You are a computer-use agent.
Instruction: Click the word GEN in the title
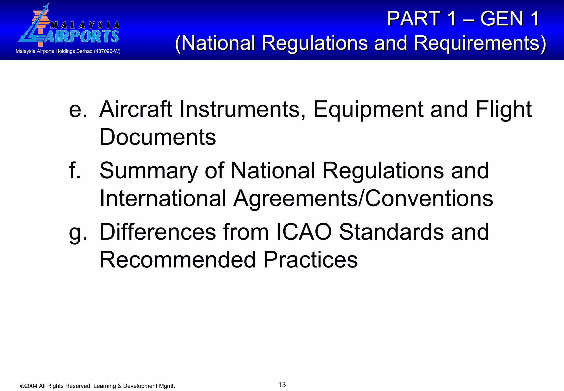[501, 19]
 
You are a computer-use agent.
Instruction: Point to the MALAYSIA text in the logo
[85, 25]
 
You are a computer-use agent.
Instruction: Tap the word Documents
[158, 137]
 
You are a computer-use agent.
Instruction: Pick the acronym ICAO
[303, 232]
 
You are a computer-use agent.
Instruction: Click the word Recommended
[177, 260]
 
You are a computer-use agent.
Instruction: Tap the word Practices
[310, 260]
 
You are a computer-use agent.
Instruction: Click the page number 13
[282, 385]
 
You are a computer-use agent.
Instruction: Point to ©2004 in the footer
[29, 386]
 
